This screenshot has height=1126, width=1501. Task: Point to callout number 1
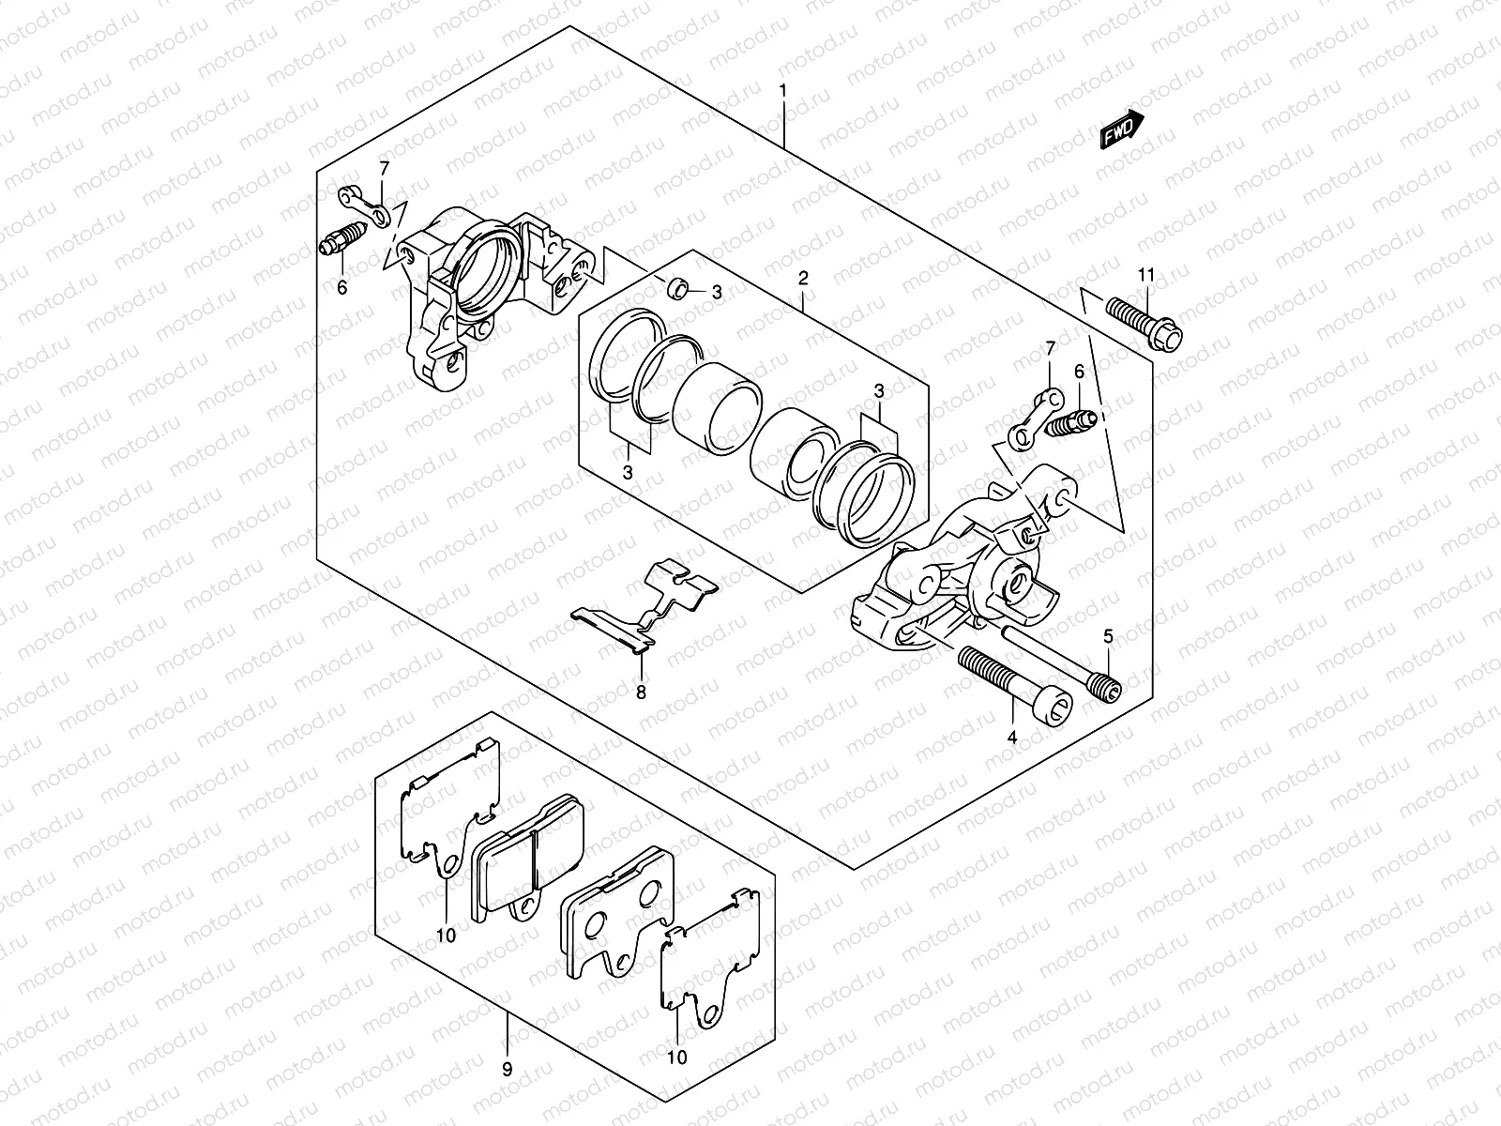pyautogui.click(x=783, y=92)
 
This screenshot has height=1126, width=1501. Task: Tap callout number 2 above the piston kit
pyautogui.click(x=803, y=279)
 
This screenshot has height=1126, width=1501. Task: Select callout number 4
pyautogui.click(x=1012, y=738)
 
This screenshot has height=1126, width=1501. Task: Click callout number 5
pyautogui.click(x=1108, y=637)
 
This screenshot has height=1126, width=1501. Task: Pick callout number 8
pyautogui.click(x=642, y=692)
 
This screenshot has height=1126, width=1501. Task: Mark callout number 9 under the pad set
pyautogui.click(x=507, y=1068)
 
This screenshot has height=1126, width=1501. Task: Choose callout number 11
pyautogui.click(x=1145, y=275)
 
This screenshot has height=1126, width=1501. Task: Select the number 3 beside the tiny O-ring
pyautogui.click(x=717, y=293)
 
